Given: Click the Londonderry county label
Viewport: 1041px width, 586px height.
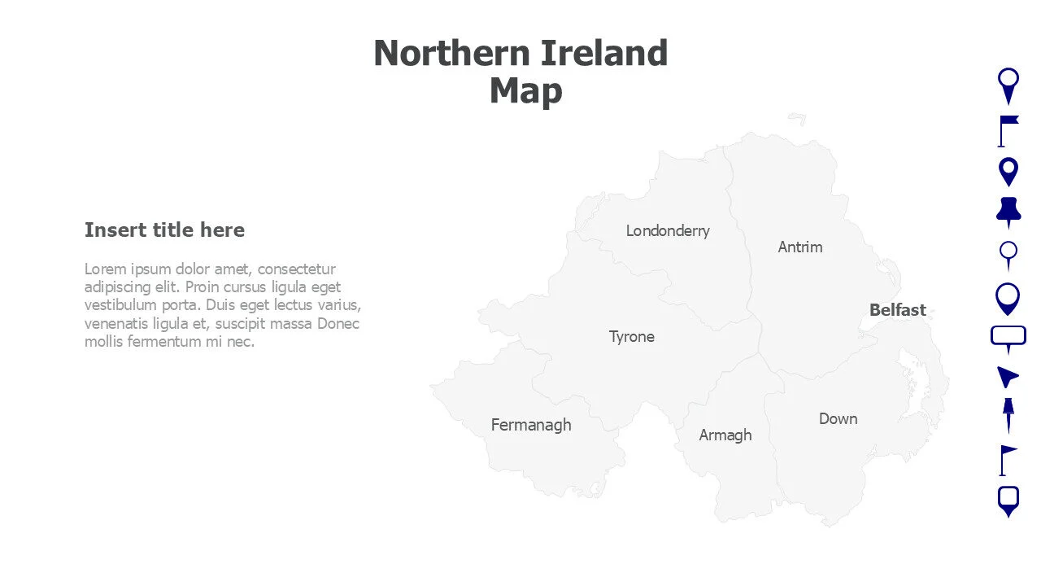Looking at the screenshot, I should pos(668,230).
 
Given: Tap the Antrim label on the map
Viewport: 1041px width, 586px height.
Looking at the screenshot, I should pos(800,247).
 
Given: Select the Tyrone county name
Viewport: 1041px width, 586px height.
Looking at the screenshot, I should pos(632,336).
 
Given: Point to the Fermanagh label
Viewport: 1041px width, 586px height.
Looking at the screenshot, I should pos(531,425).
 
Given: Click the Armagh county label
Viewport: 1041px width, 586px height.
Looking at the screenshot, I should pos(725,435).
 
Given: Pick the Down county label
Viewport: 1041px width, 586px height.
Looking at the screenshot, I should pos(838,418).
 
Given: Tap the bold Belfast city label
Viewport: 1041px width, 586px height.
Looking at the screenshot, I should pos(898,310).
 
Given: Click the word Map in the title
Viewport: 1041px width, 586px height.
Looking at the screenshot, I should pos(525,90).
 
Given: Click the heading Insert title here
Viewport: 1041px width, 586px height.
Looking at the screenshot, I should pos(164,230).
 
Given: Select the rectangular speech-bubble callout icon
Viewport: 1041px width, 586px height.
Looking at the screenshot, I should pos(1008,337).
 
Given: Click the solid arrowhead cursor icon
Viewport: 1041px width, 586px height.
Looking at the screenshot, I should pos(1008,376).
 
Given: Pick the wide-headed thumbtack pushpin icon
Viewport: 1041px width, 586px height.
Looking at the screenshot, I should pos(1008,212).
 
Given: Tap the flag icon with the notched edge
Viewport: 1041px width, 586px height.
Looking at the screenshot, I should pos(1008,130).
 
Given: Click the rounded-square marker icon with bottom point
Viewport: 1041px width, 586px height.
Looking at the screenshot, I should pos(1008,501).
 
